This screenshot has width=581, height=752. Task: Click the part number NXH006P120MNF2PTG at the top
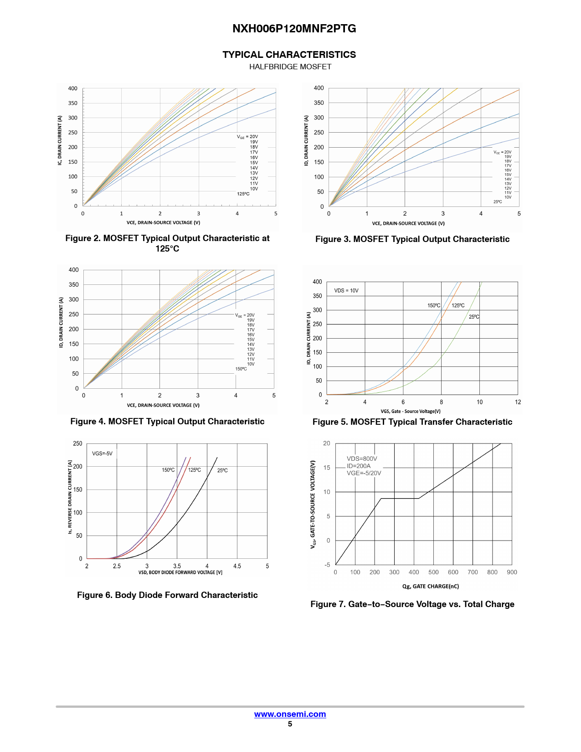coord(294,29)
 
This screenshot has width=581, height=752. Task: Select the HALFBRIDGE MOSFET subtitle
coord(290,67)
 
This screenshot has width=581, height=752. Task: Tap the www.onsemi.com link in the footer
coord(290,714)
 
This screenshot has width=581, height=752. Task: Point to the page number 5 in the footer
coord(290,724)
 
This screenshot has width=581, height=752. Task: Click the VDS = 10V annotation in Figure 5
coord(346,291)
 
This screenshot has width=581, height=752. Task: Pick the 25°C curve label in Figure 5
coord(474,317)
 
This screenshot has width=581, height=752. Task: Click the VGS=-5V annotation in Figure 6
coord(102,453)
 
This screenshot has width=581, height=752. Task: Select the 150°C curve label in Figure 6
coord(168,470)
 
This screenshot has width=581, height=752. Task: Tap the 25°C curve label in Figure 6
coord(222,470)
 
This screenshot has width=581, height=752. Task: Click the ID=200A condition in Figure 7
coord(359,466)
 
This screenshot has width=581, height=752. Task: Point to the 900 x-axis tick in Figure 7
coord(512,572)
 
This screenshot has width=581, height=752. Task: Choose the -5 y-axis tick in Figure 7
coord(327,565)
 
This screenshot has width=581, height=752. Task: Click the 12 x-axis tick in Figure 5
coord(518,402)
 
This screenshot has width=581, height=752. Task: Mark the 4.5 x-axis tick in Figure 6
coord(237,566)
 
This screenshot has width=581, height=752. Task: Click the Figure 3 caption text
coord(412,239)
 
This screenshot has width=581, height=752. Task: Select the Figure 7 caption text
coord(412,604)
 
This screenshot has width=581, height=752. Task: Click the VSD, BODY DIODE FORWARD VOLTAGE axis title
coord(180,572)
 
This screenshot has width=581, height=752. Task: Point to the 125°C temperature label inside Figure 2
coord(243,194)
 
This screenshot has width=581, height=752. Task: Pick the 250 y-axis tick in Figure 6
coord(77,443)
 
